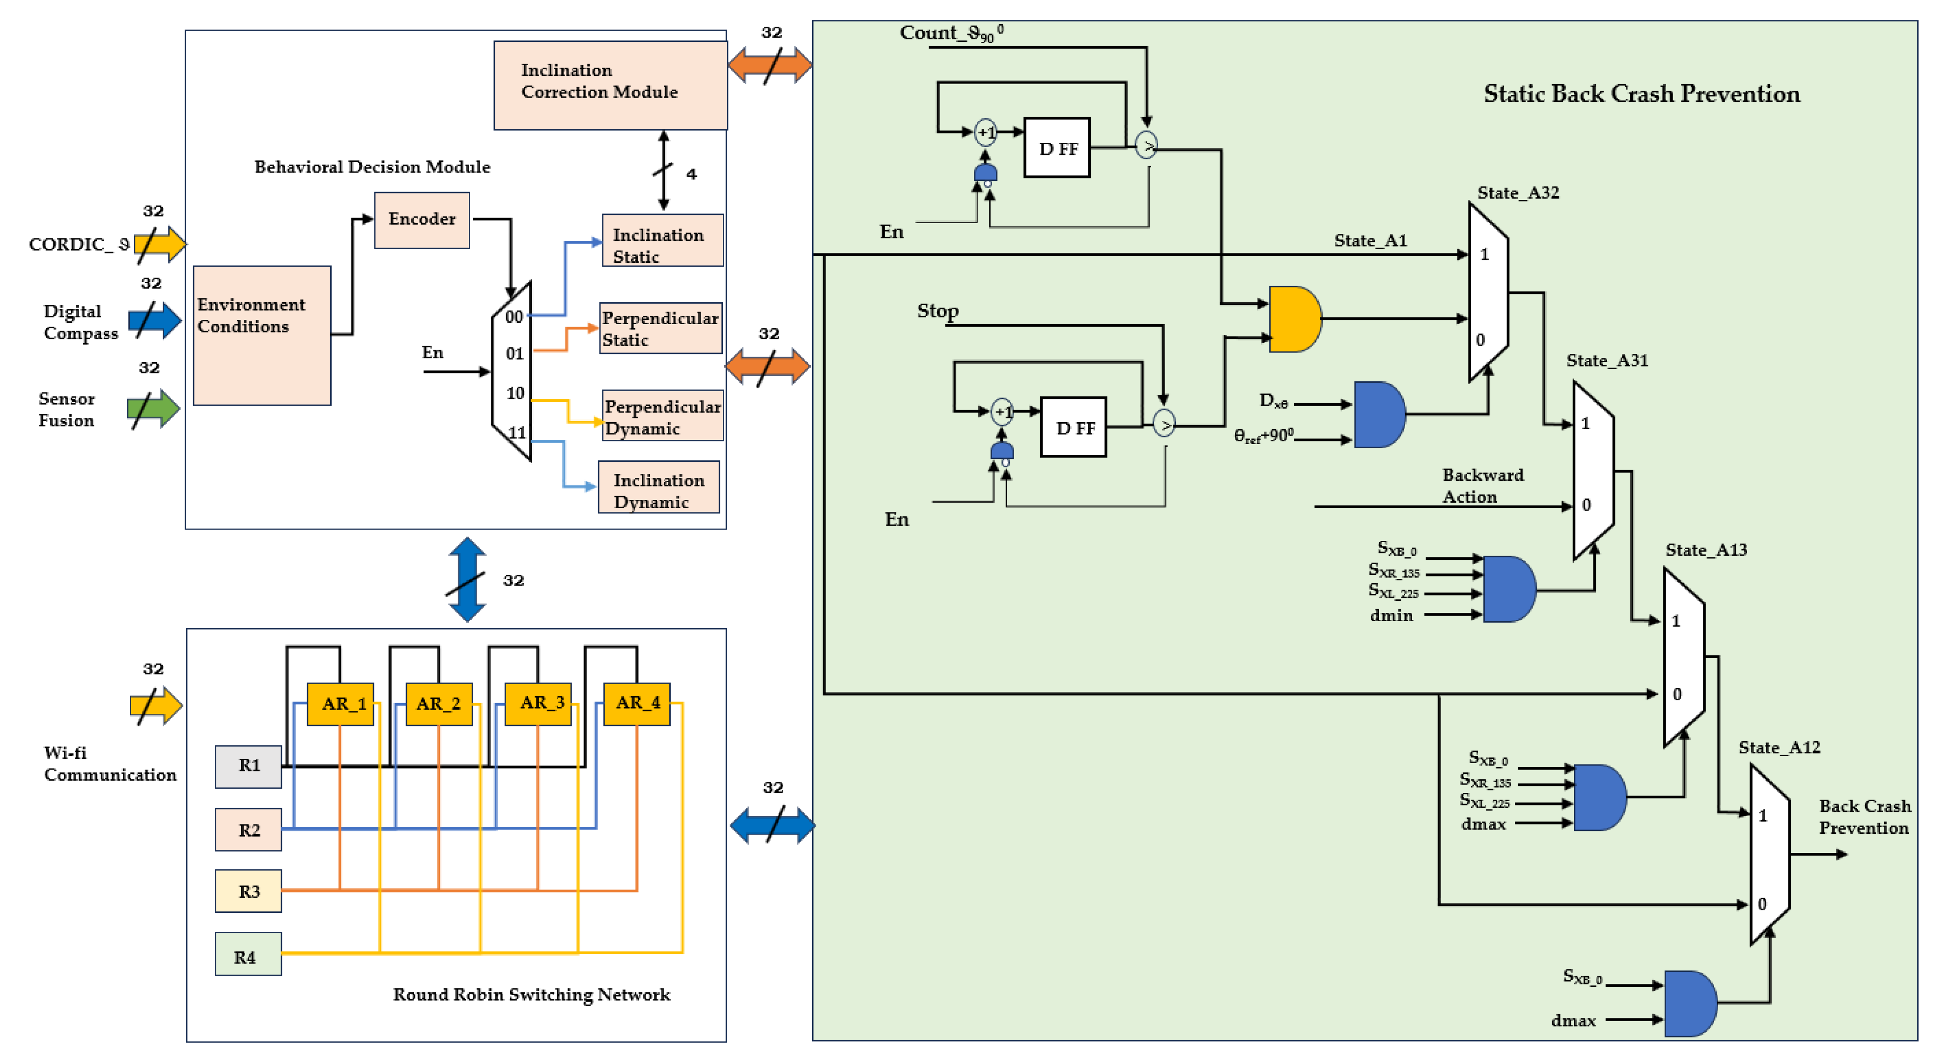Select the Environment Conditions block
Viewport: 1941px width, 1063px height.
261,335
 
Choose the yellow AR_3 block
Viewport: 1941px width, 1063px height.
538,704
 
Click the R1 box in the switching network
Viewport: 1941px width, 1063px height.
249,766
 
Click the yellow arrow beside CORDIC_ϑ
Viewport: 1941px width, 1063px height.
160,244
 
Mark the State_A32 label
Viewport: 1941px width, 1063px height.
1518,193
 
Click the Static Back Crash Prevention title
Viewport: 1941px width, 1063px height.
1641,94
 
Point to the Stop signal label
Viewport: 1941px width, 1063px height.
937,310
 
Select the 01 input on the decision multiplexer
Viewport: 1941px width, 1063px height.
514,353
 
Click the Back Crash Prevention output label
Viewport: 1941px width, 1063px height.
1864,817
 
